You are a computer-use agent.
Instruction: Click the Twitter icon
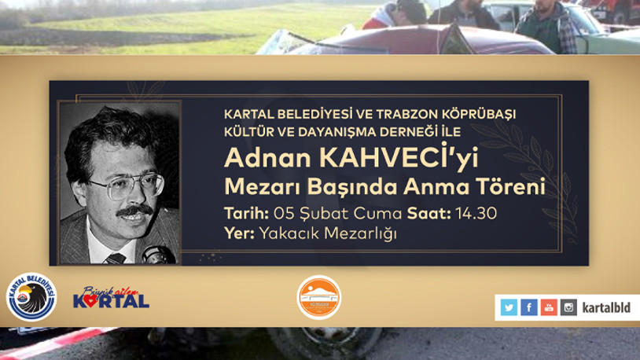(x=509, y=307)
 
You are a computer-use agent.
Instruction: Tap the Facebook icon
(x=529, y=307)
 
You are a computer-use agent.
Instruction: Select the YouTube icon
(x=549, y=307)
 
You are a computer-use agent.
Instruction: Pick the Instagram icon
(x=568, y=307)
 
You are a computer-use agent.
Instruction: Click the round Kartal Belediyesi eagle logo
(x=31, y=296)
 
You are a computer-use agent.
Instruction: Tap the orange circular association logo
(x=318, y=297)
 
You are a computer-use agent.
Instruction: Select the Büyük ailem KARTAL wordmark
(x=111, y=297)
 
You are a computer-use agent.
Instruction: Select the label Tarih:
(x=246, y=213)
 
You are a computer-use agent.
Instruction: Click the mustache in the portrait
(x=134, y=211)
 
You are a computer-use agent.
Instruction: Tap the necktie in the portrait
(x=116, y=258)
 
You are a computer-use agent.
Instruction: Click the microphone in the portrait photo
(x=157, y=253)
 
